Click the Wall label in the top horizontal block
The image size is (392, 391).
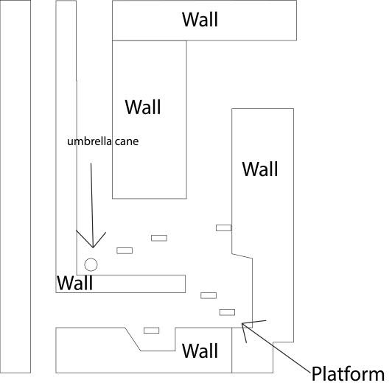point(200,19)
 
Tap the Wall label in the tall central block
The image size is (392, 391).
point(143,108)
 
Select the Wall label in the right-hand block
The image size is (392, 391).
point(260,169)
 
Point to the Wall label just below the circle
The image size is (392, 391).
point(74,283)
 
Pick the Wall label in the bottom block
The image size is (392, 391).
point(200,351)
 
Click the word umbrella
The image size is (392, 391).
point(89,141)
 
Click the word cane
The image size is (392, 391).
point(127,142)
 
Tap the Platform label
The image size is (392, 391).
point(348,374)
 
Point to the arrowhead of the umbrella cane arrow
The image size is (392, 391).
point(93,247)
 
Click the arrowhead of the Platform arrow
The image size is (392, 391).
point(242,323)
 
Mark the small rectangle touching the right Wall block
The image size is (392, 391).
point(223,228)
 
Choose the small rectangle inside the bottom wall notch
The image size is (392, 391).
point(151,331)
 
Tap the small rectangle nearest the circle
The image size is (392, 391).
point(125,250)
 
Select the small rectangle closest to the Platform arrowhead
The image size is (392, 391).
point(227,312)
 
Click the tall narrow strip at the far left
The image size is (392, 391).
point(15,186)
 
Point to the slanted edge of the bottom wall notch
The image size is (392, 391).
point(133,339)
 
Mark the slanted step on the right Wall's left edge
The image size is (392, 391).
point(242,256)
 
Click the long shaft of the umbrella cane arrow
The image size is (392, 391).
point(92,205)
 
